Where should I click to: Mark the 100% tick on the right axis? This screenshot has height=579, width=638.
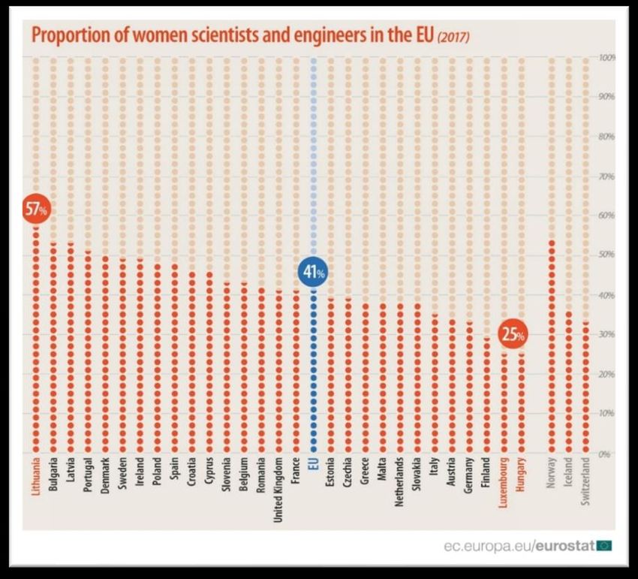(607, 57)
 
